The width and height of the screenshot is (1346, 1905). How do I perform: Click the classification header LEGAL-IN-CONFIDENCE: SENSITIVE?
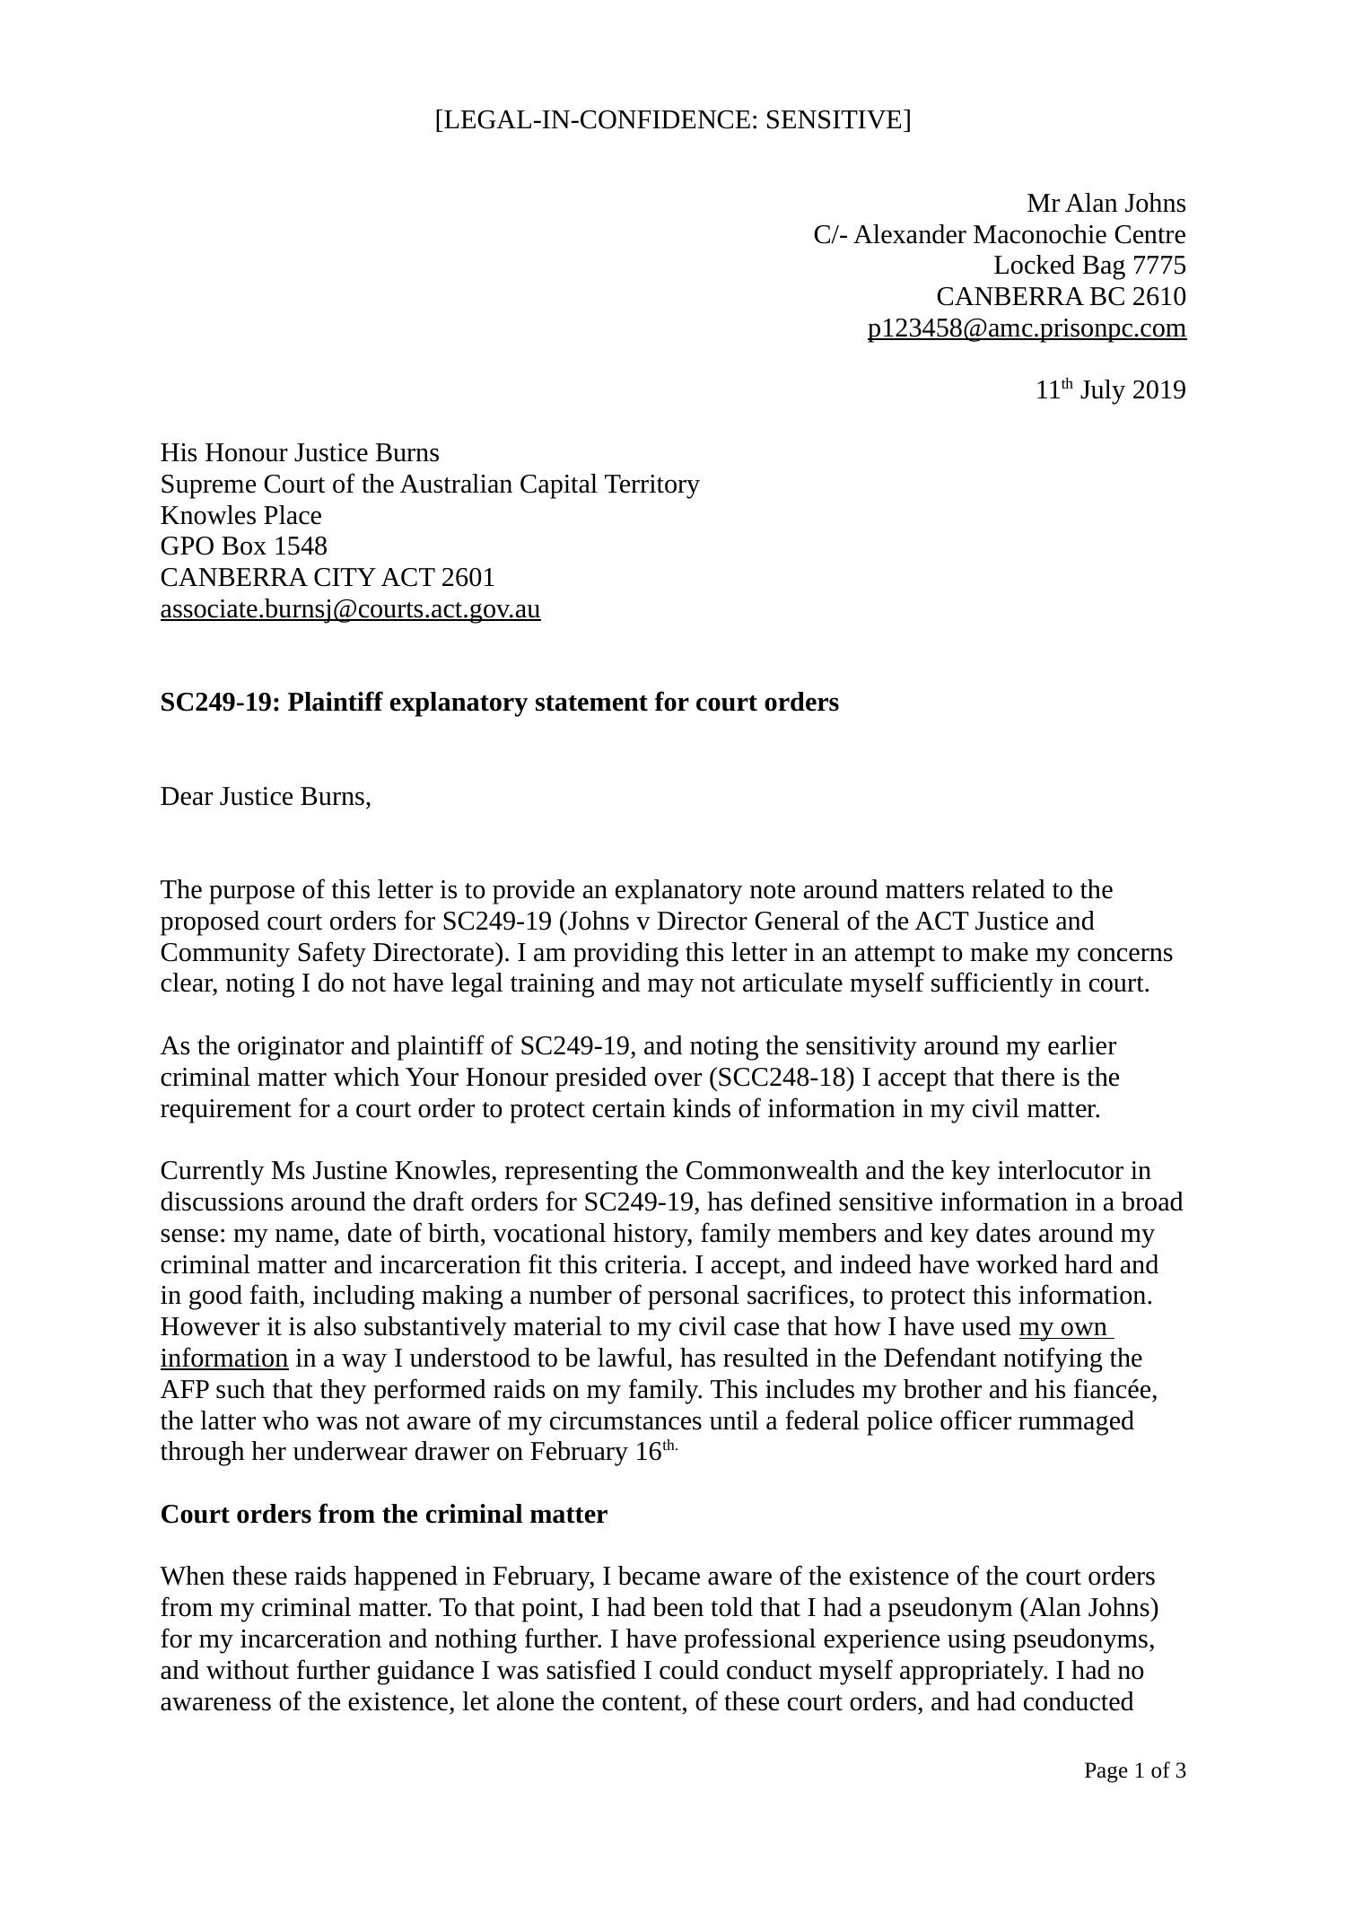672,120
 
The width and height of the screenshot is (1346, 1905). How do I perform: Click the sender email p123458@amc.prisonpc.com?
1027,328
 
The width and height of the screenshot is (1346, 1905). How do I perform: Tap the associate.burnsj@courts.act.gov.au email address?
350,609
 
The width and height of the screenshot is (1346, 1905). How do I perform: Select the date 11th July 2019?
1110,390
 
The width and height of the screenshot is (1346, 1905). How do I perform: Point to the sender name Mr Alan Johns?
1106,204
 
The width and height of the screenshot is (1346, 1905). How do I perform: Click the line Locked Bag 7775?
1088,266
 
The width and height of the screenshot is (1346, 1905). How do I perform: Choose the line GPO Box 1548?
243,546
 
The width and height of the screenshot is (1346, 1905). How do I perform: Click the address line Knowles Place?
240,516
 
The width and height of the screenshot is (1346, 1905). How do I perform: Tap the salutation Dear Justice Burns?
265,797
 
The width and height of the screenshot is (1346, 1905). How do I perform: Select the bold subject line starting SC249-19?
499,703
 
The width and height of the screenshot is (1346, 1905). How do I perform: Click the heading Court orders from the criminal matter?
383,1515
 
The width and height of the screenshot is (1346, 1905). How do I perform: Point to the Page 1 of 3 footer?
1134,1770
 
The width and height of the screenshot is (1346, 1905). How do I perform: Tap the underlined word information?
224,1359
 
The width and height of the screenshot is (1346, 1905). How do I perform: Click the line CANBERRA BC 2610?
1061,297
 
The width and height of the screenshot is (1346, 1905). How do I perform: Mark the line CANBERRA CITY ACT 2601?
328,578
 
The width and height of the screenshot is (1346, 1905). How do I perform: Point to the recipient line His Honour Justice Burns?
300,453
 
